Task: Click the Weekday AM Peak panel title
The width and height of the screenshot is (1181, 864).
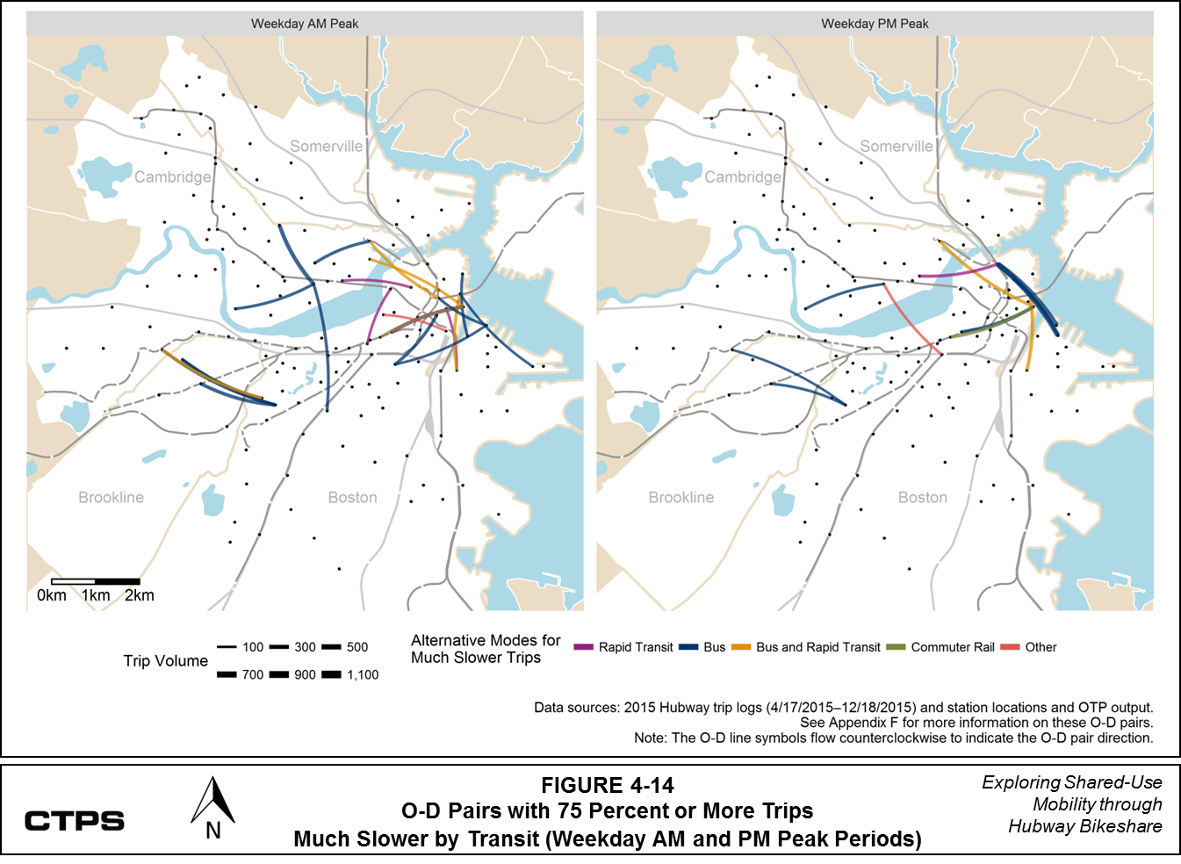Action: tap(305, 24)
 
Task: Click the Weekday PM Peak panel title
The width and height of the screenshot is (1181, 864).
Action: tap(875, 24)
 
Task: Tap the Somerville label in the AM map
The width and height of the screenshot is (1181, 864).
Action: tap(326, 147)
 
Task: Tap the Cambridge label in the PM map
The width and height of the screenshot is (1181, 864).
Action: tap(742, 176)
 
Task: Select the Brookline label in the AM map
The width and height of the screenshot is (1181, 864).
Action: tap(111, 497)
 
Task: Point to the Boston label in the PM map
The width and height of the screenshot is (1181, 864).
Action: tap(922, 497)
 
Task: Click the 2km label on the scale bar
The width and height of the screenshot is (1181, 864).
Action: tap(139, 595)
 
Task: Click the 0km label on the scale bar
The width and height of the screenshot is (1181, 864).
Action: tap(52, 595)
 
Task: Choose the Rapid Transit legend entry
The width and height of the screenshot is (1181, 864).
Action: tap(635, 647)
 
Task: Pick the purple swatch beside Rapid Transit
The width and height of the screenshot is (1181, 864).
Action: tap(584, 647)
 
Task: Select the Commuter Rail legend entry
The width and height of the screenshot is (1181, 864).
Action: tap(952, 647)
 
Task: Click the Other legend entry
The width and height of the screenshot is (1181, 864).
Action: tap(1041, 647)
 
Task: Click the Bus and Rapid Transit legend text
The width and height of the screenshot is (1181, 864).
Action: tap(817, 647)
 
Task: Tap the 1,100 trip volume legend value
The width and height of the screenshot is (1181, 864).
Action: tap(363, 675)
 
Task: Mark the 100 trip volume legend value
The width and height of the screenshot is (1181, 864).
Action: tap(253, 647)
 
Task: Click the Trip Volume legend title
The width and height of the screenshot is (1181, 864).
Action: tap(165, 661)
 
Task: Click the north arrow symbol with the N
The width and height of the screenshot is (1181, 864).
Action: tap(212, 809)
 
